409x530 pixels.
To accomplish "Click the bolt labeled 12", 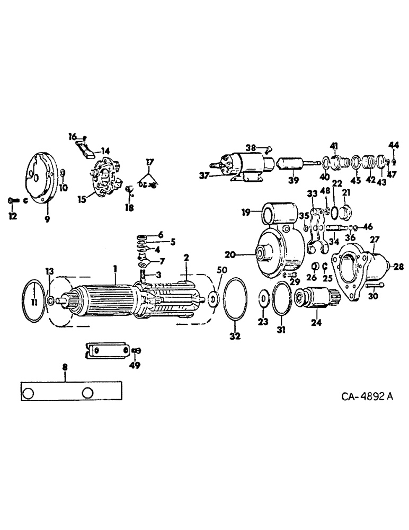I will [13, 200].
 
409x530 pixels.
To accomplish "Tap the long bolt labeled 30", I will [375, 288].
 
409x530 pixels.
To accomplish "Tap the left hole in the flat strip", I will [30, 393].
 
